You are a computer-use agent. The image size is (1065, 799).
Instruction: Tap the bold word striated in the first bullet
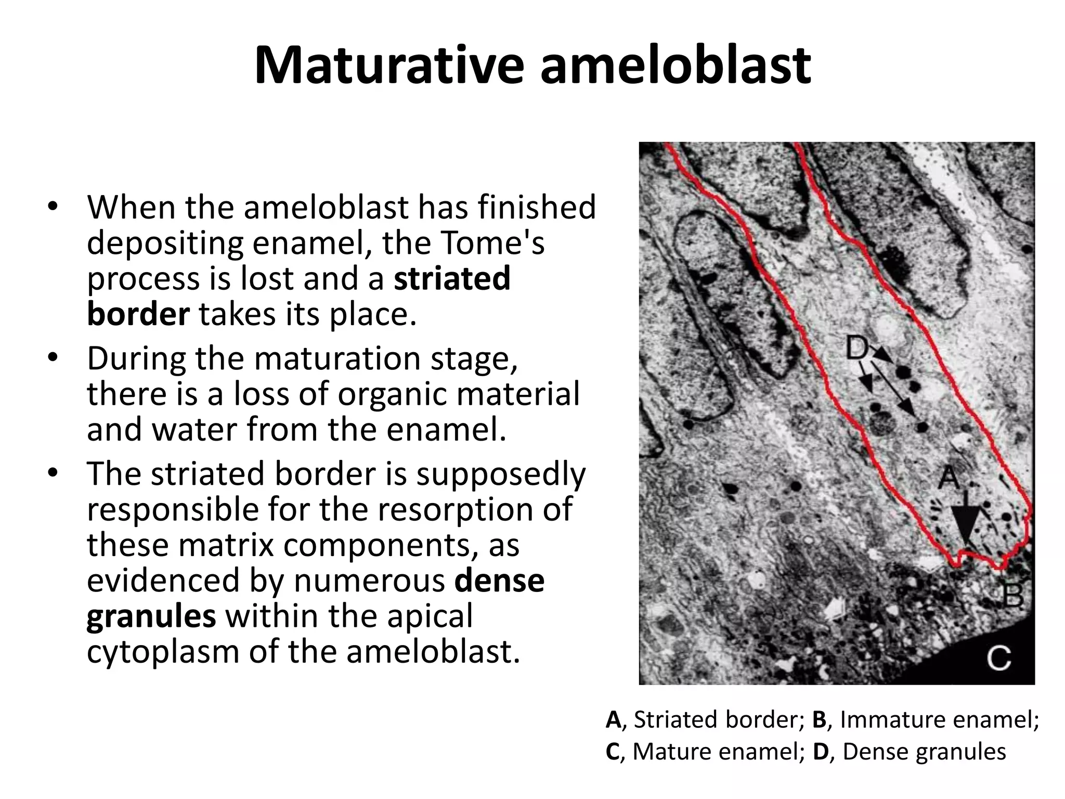coord(452,278)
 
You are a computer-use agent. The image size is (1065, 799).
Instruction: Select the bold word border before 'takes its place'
coord(138,314)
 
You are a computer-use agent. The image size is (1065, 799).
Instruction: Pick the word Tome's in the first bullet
coord(463,242)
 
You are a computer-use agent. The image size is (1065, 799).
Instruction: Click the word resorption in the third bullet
coord(425,509)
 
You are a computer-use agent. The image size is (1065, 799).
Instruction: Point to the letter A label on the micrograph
coord(949,476)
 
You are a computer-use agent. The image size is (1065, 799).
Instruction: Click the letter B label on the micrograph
coord(1012,596)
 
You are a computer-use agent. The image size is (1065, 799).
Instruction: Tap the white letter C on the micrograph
coord(999,658)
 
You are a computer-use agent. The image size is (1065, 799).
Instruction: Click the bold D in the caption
coord(821,752)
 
